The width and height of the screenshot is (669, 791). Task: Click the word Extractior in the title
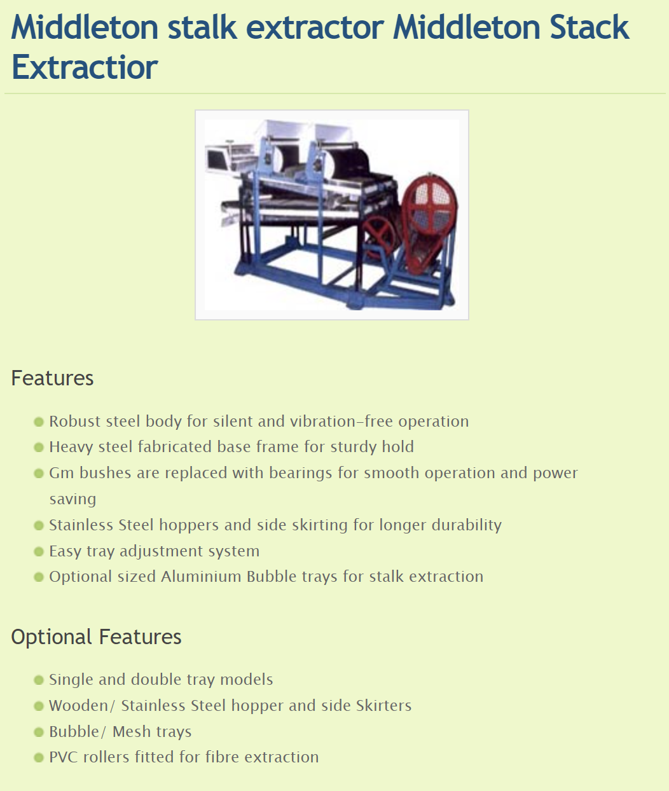coord(85,67)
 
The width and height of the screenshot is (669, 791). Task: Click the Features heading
coord(52,378)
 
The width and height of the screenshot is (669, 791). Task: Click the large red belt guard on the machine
coord(429,222)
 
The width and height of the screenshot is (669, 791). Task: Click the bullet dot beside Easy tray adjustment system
coord(39,551)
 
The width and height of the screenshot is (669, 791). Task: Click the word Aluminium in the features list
coord(201,577)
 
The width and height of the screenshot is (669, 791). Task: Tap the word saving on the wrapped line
coord(72,499)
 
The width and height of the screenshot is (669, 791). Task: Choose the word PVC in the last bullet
coord(64,757)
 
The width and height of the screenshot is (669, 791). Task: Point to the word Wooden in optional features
coord(79,706)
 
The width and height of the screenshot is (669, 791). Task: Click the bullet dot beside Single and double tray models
coord(39,680)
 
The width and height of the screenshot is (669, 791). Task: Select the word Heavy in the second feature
coord(71,448)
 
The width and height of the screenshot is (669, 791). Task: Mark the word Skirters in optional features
coord(384,706)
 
